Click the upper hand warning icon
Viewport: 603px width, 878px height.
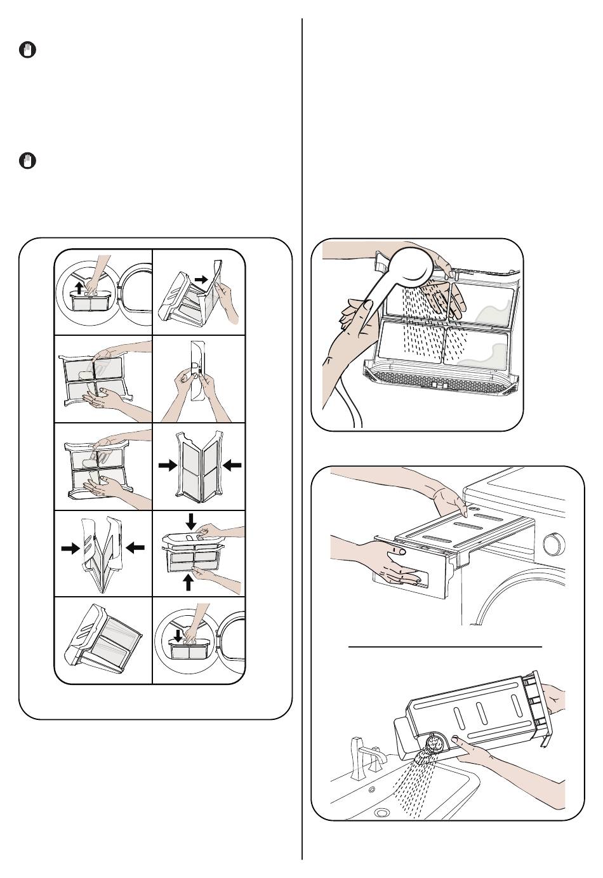click(x=27, y=51)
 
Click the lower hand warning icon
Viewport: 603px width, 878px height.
click(x=27, y=161)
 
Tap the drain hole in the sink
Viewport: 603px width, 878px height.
click(x=381, y=812)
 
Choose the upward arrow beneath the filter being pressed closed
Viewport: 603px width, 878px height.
click(x=188, y=581)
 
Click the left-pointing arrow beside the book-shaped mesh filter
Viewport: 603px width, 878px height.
click(x=232, y=465)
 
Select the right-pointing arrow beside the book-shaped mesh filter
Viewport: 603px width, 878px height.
click(x=168, y=465)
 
